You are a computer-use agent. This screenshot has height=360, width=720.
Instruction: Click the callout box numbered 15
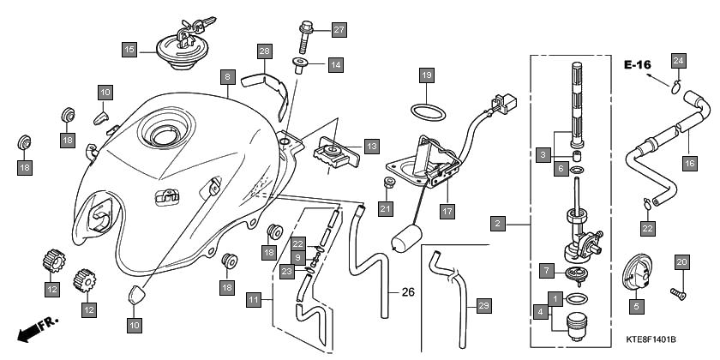pyautogui.click(x=129, y=50)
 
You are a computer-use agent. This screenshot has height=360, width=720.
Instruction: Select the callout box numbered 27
pyautogui.click(x=339, y=30)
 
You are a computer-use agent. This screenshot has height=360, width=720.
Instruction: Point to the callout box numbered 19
pyautogui.click(x=427, y=76)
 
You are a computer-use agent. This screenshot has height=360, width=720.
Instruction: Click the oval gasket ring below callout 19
pyautogui.click(x=426, y=111)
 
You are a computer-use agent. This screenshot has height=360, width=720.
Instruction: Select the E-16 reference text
pyautogui.click(x=639, y=65)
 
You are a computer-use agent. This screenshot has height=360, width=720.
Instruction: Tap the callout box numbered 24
pyautogui.click(x=678, y=60)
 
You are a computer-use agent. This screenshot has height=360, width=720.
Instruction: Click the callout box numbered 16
pyautogui.click(x=689, y=160)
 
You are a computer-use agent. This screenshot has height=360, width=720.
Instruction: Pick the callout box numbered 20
pyautogui.click(x=682, y=262)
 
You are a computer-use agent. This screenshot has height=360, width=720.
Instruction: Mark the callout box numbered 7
pyautogui.click(x=545, y=270)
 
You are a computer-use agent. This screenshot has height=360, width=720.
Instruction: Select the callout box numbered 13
pyautogui.click(x=371, y=146)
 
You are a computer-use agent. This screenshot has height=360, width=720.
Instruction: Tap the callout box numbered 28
pyautogui.click(x=265, y=51)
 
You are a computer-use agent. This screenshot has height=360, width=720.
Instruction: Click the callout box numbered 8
pyautogui.click(x=227, y=76)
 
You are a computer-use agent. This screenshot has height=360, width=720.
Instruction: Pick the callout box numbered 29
pyautogui.click(x=483, y=306)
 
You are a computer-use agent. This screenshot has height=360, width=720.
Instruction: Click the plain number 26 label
pyautogui.click(x=408, y=292)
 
